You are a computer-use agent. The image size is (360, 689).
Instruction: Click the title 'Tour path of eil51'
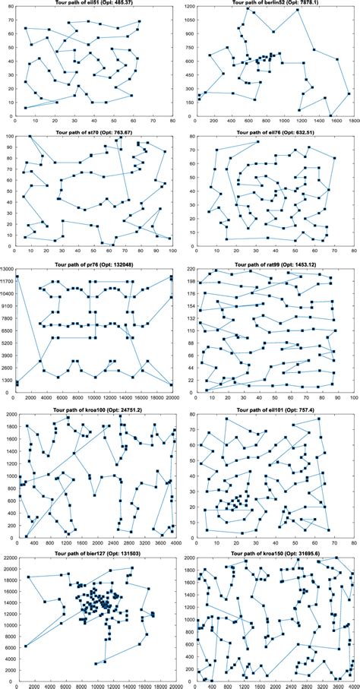tap(94, 2)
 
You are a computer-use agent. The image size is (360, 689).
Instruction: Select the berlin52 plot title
tap(270, 2)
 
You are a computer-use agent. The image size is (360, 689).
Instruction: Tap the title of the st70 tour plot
tap(94, 131)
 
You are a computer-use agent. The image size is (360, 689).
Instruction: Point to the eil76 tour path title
tap(270, 131)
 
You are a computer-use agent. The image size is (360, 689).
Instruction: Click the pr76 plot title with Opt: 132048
tap(94, 264)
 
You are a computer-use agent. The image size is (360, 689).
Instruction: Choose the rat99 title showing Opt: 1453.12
tap(270, 264)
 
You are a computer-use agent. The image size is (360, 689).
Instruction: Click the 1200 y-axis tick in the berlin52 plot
tap(187, 7)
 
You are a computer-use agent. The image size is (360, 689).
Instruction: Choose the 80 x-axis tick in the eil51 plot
tap(173, 119)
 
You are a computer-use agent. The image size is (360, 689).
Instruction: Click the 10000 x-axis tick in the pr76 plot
tap(94, 398)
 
